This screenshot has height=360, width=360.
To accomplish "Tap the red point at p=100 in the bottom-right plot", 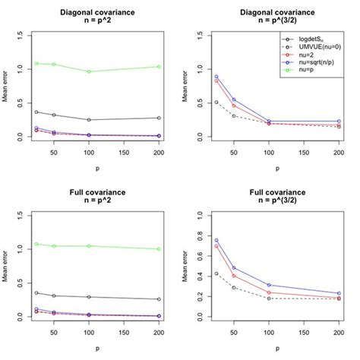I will pyautogui.click(x=270, y=292).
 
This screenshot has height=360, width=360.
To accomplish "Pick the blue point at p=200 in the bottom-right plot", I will pyautogui.click(x=338, y=293).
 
